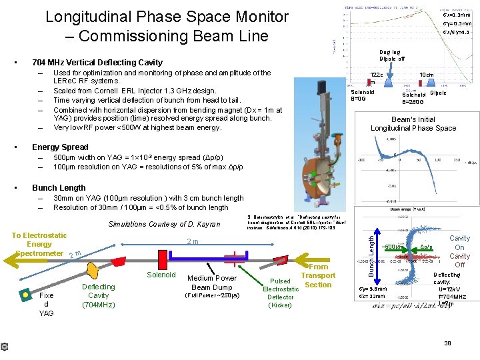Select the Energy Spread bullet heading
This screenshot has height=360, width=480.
pyautogui.click(x=60, y=147)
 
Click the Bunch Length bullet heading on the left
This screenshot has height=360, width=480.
pyautogui.click(x=59, y=188)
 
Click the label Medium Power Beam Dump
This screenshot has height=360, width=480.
pyautogui.click(x=212, y=283)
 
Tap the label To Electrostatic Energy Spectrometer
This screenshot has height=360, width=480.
pyautogui.click(x=39, y=244)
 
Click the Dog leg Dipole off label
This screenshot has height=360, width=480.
pyautogui.click(x=392, y=55)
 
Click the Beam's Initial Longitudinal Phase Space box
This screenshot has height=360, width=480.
pyautogui.click(x=413, y=123)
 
